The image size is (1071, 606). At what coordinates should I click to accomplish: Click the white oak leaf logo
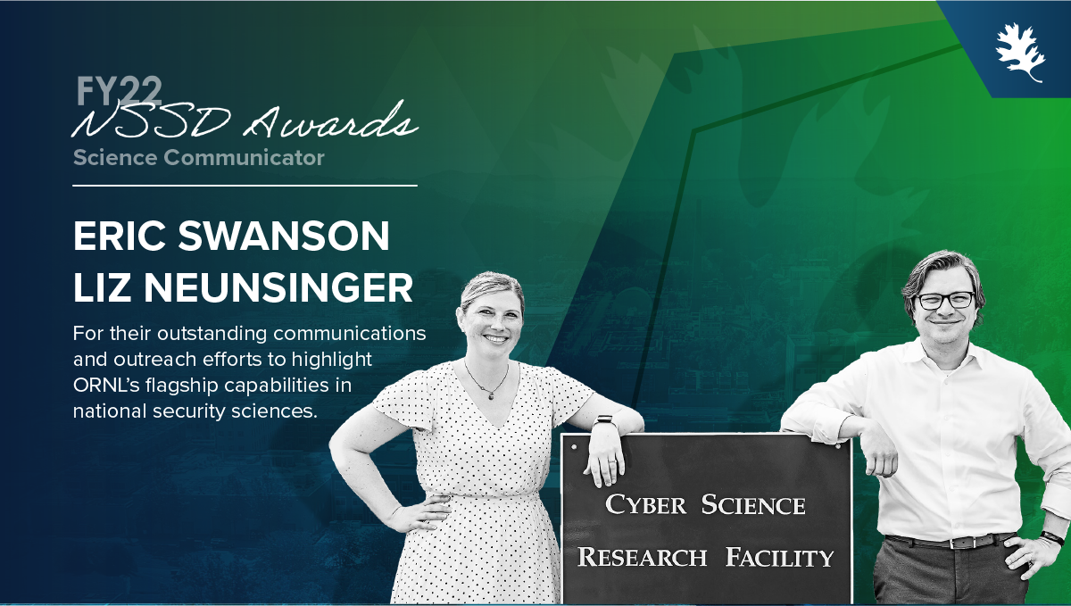tap(1020, 53)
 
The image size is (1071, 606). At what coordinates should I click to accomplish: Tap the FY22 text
tap(119, 91)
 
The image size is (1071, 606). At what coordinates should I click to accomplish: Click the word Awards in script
tap(331, 120)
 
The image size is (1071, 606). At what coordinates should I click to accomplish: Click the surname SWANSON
tap(284, 236)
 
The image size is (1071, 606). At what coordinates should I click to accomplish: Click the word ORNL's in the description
tap(106, 385)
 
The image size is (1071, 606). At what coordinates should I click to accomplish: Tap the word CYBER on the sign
tap(645, 504)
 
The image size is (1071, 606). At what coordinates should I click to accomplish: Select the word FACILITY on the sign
tap(779, 557)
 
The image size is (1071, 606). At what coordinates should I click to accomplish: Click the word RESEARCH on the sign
tap(642, 557)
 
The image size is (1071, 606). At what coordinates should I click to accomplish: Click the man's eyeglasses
tap(945, 301)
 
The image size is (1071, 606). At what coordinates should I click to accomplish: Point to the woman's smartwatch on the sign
tap(604, 422)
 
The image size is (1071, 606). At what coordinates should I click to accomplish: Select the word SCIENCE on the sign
tap(753, 504)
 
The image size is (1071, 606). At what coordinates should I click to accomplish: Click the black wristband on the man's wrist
tap(1052, 538)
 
